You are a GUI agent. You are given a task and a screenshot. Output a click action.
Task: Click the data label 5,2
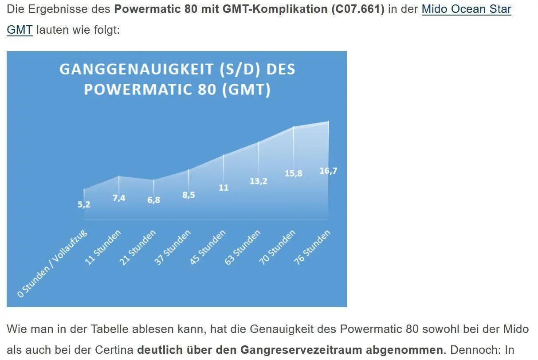click(x=84, y=204)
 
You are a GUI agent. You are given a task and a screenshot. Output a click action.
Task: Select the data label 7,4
click(x=119, y=198)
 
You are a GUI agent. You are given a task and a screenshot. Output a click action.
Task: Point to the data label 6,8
click(x=153, y=200)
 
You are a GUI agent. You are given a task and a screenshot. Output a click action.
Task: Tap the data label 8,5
click(x=188, y=195)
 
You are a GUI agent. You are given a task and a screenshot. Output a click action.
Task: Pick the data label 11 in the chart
click(x=224, y=188)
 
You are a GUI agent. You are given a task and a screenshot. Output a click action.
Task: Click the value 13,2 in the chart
click(x=259, y=181)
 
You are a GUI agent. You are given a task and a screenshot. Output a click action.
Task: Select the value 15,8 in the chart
click(x=293, y=173)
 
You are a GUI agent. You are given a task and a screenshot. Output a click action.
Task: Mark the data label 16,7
click(x=328, y=171)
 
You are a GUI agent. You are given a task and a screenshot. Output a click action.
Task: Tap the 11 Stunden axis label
click(x=102, y=247)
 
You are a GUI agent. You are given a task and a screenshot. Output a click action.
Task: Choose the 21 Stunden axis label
click(x=137, y=247)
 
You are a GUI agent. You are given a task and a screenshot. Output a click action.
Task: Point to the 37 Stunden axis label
click(x=173, y=247)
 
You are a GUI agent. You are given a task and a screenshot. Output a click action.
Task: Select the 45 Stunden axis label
click(x=208, y=247)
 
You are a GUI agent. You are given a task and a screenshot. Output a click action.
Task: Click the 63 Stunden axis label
click(x=243, y=247)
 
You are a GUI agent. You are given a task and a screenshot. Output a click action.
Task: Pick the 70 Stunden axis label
click(x=278, y=247)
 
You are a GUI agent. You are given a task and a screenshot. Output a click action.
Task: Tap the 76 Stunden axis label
click(x=313, y=247)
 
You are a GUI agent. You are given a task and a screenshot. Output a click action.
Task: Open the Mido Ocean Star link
click(x=466, y=9)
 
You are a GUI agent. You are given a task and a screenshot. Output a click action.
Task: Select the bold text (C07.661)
click(x=357, y=9)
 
